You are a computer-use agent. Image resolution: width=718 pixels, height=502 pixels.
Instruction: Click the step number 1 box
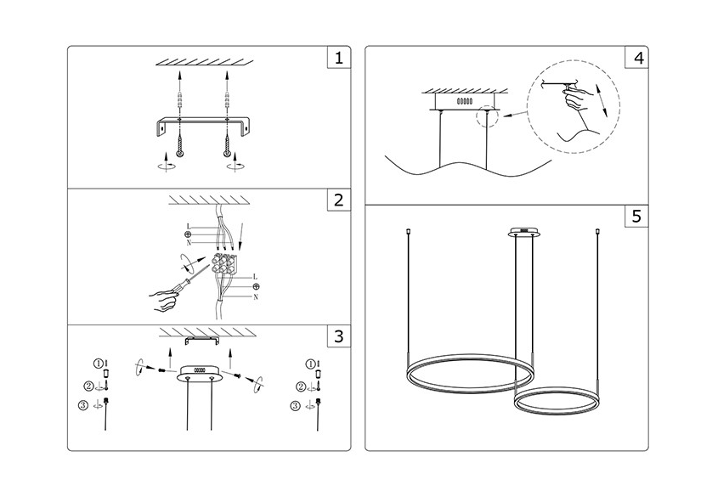pos(339,58)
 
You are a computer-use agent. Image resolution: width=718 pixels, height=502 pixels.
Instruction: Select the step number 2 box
pos(339,200)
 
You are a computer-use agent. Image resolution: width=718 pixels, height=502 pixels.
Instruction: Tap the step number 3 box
pos(339,336)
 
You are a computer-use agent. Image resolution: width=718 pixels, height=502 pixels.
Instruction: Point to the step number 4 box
pos(637,58)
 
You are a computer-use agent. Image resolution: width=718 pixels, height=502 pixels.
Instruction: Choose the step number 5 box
pos(637,216)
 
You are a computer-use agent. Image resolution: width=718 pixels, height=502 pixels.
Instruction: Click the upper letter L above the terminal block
pos(189,226)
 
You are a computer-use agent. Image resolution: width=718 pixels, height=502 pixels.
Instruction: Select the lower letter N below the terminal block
pos(256,297)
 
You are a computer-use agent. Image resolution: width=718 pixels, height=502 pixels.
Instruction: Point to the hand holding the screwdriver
pos(163,299)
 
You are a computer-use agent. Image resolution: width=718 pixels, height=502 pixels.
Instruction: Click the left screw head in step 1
pos(179,154)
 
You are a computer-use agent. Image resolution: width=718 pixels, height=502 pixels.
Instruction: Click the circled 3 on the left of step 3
pos(83,405)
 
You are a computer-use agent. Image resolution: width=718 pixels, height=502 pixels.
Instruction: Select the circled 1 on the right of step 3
pos(310,364)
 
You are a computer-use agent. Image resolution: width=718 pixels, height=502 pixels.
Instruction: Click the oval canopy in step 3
pos(200,373)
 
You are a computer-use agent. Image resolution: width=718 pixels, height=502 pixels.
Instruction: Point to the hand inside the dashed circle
pos(577,99)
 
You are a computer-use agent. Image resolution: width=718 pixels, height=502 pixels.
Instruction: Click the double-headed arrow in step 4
pos(601,99)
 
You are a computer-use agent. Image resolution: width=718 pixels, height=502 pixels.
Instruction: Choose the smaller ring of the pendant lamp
pos(557,401)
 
